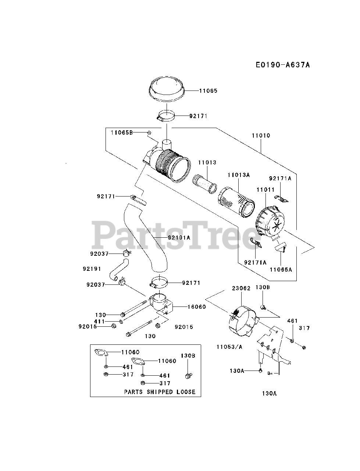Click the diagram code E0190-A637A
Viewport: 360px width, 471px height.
(283, 65)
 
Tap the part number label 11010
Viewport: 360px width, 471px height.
(261, 135)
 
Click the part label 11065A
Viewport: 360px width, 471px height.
(281, 269)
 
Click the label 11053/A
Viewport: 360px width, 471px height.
(229, 346)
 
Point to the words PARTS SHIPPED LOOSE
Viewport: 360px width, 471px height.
(160, 392)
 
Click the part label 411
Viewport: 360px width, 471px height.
(100, 321)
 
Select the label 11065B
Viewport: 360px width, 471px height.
(122, 132)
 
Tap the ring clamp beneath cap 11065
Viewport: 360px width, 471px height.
(165, 116)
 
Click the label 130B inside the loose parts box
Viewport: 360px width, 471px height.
(188, 355)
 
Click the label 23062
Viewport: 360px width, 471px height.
(241, 288)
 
